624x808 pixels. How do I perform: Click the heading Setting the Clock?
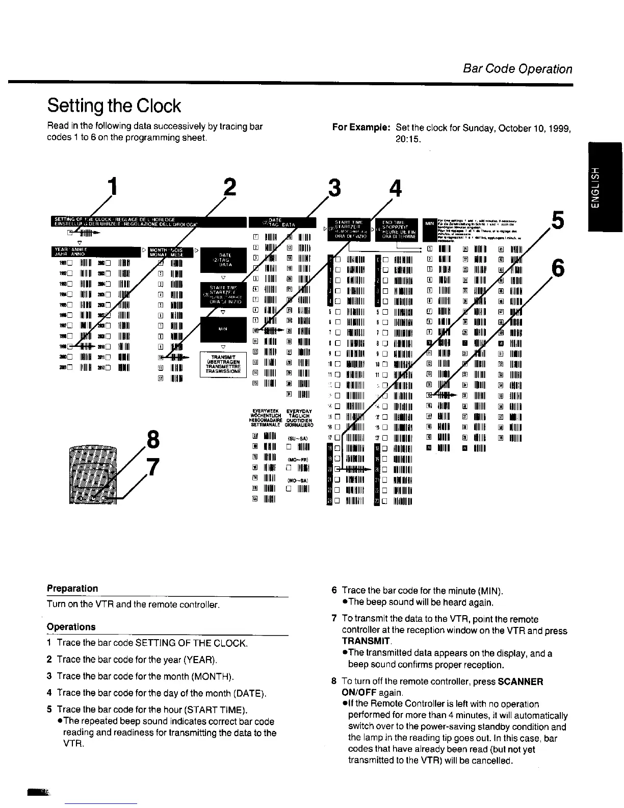[x=114, y=106]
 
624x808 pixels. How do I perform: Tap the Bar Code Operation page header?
[x=517, y=69]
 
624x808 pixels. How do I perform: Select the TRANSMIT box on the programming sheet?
[x=222, y=364]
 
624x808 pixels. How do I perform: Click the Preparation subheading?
[x=72, y=588]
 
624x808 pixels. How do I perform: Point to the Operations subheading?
[x=71, y=626]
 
